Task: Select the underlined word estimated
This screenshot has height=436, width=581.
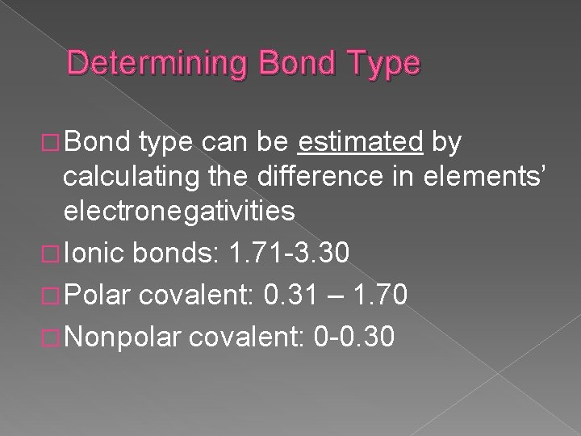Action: click(361, 144)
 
